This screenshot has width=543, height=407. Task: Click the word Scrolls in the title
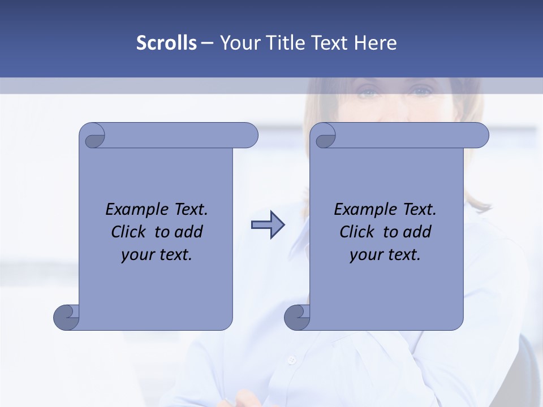pyautogui.click(x=167, y=42)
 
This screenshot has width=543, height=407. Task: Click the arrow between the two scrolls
pyautogui.click(x=268, y=225)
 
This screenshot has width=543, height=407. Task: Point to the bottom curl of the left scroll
pyautogui.click(x=66, y=317)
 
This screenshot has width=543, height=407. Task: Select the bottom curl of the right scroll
pyautogui.click(x=296, y=317)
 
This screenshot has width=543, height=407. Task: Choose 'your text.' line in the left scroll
pyautogui.click(x=157, y=254)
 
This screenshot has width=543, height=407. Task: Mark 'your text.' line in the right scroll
pyautogui.click(x=385, y=254)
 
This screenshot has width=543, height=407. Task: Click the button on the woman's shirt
pyautogui.click(x=292, y=360)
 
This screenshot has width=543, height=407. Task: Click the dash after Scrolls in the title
pyautogui.click(x=207, y=42)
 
